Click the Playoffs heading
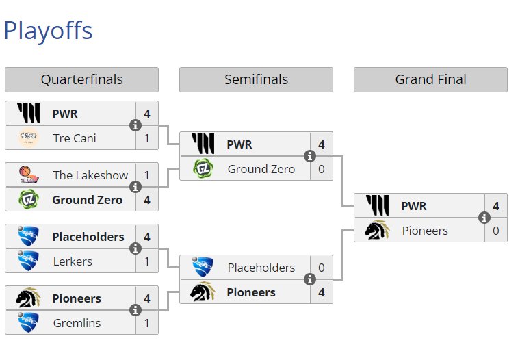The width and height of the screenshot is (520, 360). tap(48, 31)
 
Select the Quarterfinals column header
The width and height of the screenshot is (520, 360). tap(81, 79)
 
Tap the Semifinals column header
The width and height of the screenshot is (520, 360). tap(256, 79)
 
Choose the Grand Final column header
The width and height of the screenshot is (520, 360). tap(430, 79)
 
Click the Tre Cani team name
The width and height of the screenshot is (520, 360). tap(75, 138)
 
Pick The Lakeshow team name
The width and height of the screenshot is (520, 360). tap(90, 175)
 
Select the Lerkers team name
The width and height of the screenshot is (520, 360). tap(73, 261)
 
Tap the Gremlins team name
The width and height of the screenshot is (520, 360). tap(77, 323)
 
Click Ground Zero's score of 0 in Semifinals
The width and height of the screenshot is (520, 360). tap(322, 169)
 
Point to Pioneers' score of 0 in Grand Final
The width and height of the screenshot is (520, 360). tap(496, 231)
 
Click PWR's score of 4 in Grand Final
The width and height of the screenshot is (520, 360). tap(496, 206)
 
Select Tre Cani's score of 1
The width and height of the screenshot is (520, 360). tap(147, 138)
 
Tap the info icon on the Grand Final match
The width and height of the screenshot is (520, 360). tap(484, 218)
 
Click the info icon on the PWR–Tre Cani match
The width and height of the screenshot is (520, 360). tap(135, 125)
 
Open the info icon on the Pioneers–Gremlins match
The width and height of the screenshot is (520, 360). tap(135, 310)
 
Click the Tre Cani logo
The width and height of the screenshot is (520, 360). tap(29, 138)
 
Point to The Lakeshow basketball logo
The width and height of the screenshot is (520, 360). tap(29, 175)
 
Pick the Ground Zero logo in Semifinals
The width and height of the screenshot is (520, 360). tap(203, 169)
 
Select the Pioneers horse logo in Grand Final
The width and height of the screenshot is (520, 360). tap(377, 231)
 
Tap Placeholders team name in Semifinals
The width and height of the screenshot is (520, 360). tap(261, 268)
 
